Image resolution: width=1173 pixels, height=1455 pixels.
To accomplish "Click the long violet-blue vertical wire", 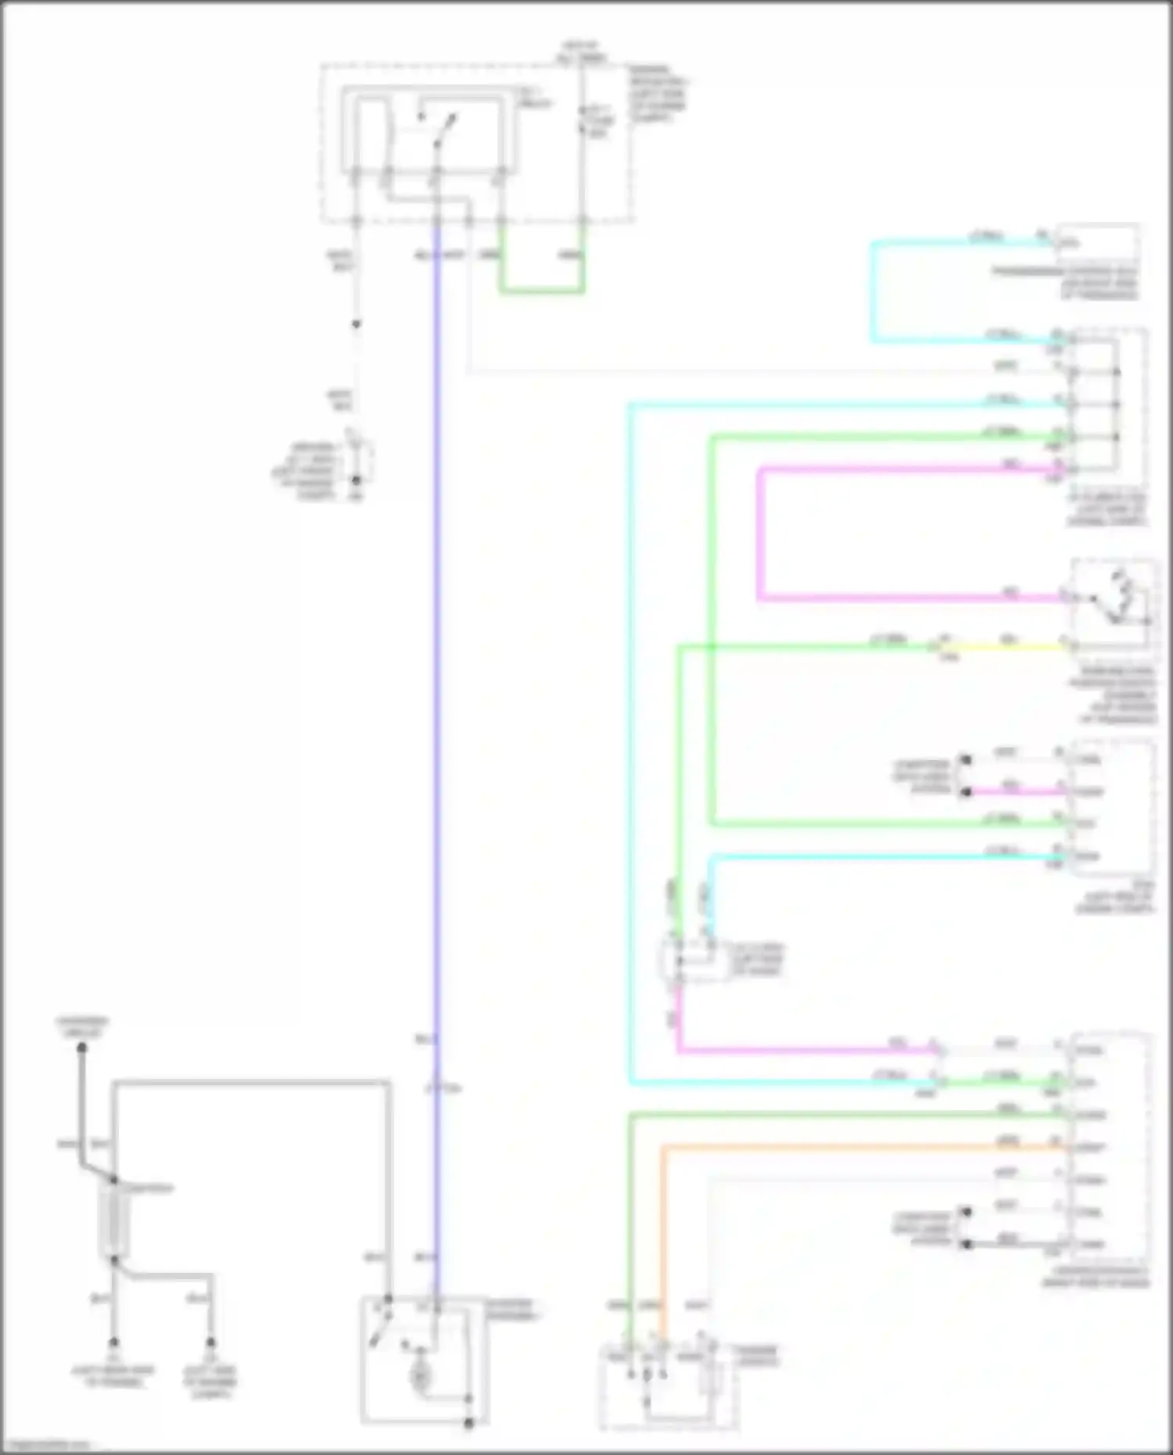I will click(437, 704).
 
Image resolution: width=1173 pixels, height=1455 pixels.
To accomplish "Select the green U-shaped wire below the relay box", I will click(542, 292).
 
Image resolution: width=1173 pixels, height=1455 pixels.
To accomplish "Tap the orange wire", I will click(860, 1147).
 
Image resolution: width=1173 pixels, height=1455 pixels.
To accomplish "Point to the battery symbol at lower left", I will click(113, 1220).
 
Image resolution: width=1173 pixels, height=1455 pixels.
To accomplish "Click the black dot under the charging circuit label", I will click(81, 1048).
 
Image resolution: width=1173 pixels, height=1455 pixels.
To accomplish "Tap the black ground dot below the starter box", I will click(468, 1423).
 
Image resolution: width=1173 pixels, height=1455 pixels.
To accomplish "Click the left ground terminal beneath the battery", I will click(113, 1342).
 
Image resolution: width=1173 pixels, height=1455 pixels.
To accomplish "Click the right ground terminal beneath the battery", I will click(210, 1342).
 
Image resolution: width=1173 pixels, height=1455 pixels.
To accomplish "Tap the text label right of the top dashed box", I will click(658, 94).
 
